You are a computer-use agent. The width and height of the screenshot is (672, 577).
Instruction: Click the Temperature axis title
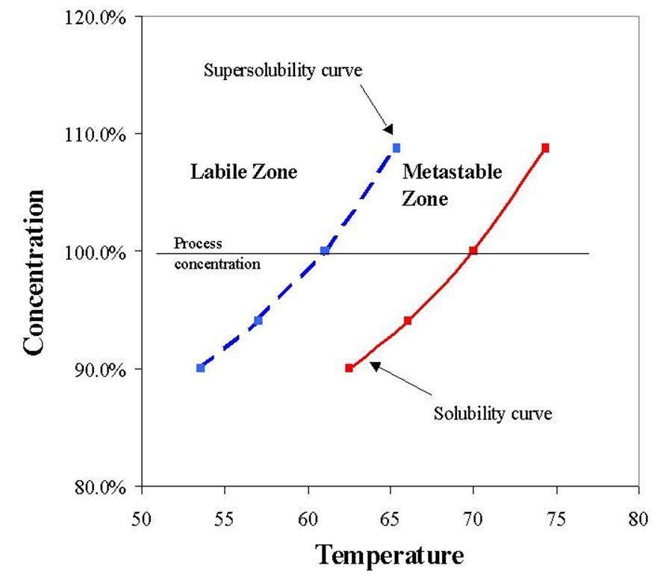click(389, 555)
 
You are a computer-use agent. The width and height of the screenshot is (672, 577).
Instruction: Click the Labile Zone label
click(243, 172)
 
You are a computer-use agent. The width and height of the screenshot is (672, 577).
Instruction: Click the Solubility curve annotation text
click(493, 413)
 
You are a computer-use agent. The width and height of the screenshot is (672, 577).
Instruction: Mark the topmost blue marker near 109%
click(396, 148)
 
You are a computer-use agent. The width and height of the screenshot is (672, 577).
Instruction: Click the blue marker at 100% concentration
click(324, 251)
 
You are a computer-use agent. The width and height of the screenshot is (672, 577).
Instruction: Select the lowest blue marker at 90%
click(200, 368)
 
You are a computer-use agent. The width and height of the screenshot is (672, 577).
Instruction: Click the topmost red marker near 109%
click(546, 148)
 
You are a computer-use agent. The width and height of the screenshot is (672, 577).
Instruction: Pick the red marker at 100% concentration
click(473, 251)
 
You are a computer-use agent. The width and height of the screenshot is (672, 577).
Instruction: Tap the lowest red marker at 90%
click(349, 368)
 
